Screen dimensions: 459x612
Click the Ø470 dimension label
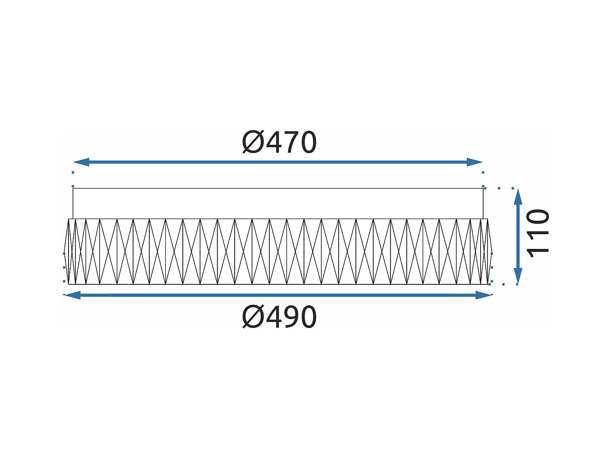point(279,142)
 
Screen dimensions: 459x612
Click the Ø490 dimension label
point(279,317)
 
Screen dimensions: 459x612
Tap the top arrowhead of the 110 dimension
point(518,197)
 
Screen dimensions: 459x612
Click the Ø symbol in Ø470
point(253,142)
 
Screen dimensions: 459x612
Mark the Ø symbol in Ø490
point(253,317)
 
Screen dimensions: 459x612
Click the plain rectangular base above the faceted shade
point(278,204)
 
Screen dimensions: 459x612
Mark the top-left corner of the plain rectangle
point(73,188)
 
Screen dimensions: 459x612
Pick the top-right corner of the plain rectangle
point(483,188)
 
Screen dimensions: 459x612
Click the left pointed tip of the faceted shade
point(65,251)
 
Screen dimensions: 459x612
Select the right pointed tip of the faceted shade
point(492,251)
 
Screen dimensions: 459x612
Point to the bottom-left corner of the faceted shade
point(69,284)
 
